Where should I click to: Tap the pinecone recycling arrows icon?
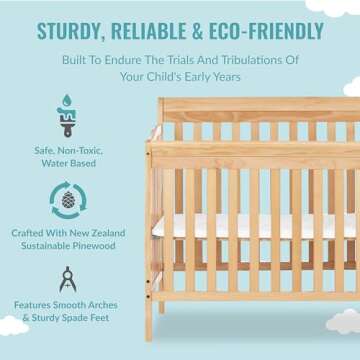pos(69,199)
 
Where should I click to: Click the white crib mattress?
pos(250,227)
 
